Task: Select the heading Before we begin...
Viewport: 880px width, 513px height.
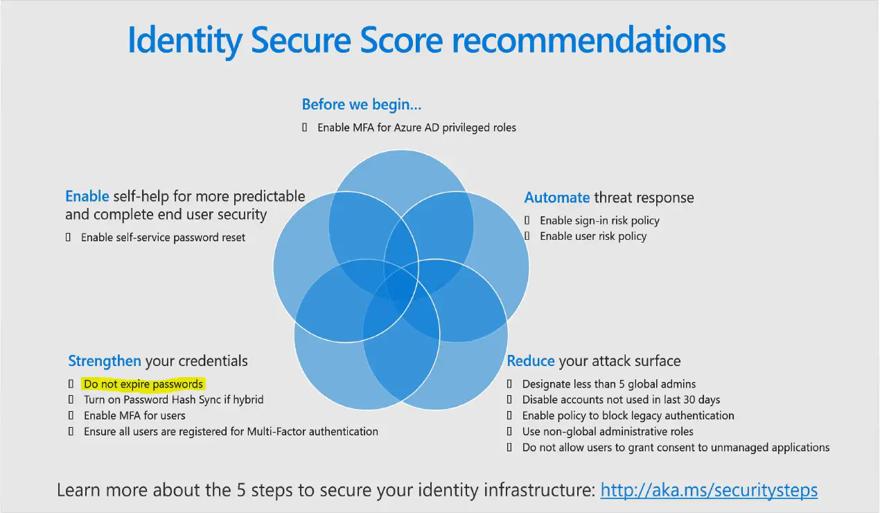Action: point(361,105)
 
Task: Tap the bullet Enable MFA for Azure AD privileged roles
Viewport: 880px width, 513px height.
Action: point(416,128)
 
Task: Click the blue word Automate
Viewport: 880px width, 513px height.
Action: point(556,198)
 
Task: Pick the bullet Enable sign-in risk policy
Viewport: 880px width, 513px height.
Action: point(599,220)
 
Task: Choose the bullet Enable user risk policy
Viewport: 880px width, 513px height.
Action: point(593,236)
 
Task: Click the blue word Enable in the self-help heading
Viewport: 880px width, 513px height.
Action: point(87,196)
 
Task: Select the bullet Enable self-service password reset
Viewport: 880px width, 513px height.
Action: point(163,238)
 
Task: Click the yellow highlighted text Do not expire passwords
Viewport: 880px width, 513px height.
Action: point(143,384)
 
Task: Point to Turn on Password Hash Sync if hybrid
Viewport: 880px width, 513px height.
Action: point(173,400)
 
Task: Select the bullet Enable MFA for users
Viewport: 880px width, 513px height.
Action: point(134,416)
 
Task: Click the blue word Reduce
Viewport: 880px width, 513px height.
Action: point(531,361)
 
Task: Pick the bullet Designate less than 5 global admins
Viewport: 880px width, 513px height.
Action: point(608,384)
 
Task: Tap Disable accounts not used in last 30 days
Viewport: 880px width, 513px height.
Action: point(621,400)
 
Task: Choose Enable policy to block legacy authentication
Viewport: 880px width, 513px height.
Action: point(628,416)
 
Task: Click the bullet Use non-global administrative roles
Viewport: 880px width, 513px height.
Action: point(608,432)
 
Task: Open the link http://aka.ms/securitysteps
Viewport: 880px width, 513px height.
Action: point(709,490)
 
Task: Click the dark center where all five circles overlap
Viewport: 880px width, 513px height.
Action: point(401,286)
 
